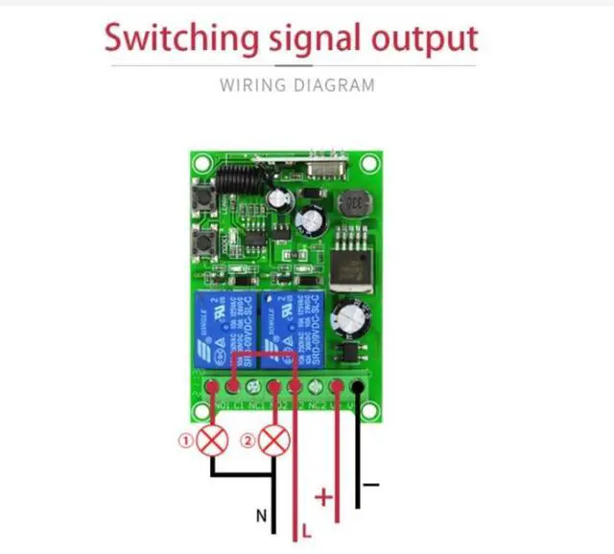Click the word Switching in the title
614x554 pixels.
[180, 39]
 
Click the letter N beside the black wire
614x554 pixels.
[261, 516]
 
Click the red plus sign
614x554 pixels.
[323, 497]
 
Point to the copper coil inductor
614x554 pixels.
[357, 203]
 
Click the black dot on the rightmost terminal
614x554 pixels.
[358, 387]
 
